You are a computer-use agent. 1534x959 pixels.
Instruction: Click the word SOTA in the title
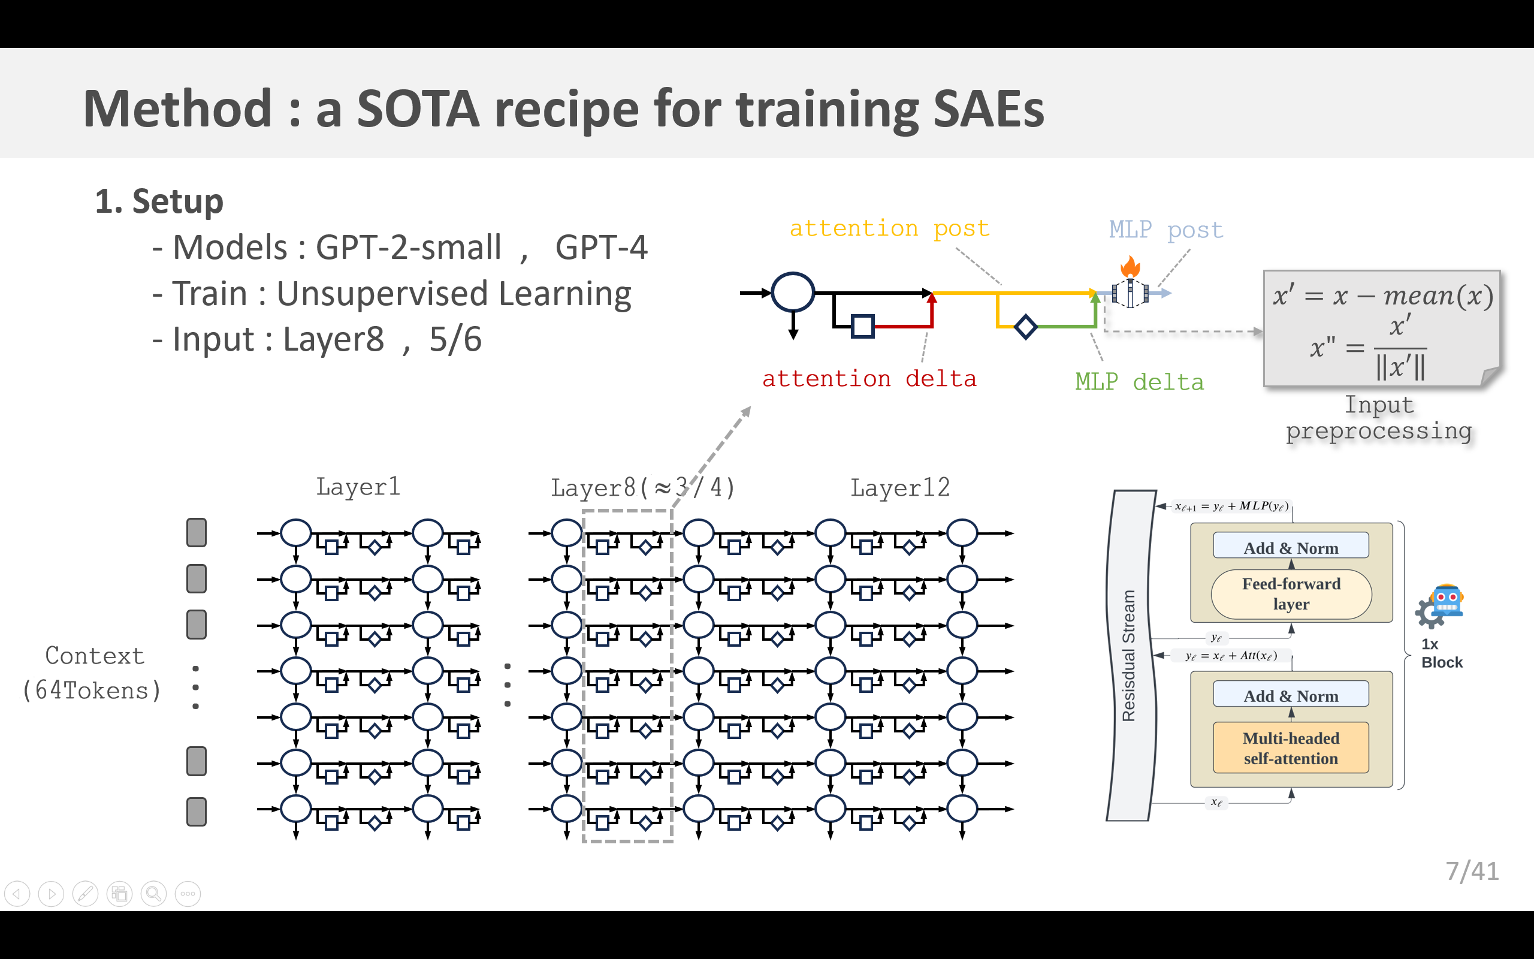point(418,109)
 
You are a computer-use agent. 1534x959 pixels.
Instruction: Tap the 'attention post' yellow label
point(889,228)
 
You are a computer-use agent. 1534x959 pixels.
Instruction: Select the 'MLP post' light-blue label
point(1165,230)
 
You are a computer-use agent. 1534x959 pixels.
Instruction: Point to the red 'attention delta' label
point(868,379)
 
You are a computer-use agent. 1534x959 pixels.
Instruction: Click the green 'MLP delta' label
point(1139,382)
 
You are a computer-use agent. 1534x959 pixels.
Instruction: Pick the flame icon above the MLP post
point(1130,266)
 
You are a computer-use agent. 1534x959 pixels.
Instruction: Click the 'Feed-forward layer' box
point(1291,593)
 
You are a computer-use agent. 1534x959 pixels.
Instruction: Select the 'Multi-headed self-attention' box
point(1291,748)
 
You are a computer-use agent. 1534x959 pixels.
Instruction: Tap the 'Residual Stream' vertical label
point(1129,655)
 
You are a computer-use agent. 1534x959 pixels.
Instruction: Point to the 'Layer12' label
point(899,488)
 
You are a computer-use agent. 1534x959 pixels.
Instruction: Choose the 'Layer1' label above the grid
point(358,487)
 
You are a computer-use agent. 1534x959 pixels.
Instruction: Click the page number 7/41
point(1472,871)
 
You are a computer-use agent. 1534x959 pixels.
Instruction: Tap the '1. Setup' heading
point(159,202)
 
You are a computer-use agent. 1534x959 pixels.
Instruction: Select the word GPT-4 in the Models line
point(601,248)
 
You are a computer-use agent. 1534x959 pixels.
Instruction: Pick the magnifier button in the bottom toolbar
point(153,894)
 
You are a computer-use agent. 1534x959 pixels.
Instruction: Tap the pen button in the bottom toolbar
point(86,894)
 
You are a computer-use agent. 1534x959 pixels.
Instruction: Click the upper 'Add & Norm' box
point(1291,547)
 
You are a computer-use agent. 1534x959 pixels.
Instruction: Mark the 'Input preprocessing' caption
point(1379,417)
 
